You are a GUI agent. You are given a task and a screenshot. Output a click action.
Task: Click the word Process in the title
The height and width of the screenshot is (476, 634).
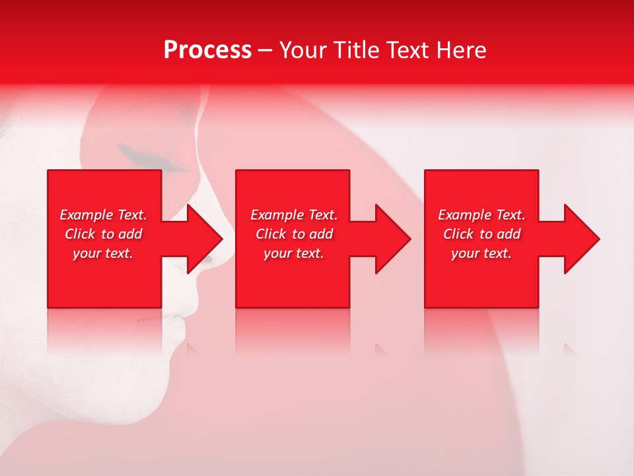click(207, 50)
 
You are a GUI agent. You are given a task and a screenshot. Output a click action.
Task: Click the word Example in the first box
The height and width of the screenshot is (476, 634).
click(86, 215)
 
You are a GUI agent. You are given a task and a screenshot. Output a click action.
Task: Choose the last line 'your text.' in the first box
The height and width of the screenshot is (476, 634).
click(103, 253)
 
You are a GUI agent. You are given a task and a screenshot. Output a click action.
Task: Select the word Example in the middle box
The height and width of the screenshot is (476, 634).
click(277, 215)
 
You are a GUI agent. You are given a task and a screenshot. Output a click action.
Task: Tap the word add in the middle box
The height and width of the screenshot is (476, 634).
click(321, 234)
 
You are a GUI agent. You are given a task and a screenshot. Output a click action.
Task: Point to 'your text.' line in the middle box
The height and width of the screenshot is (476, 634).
click(294, 253)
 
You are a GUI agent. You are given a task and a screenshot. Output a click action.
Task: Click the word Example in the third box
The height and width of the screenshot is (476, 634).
click(464, 215)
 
